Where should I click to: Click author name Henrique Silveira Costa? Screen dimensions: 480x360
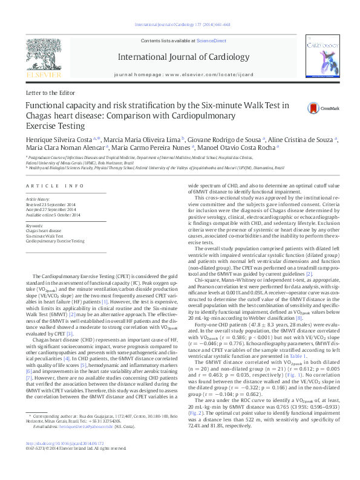tap(58, 139)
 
